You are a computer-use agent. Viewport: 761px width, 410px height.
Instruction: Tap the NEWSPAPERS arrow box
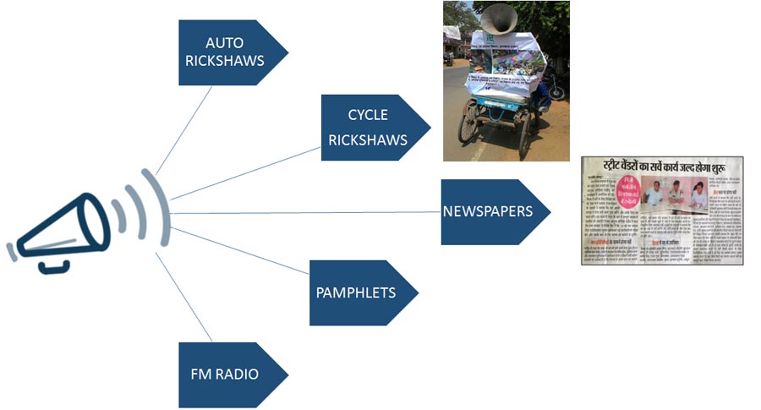(489, 211)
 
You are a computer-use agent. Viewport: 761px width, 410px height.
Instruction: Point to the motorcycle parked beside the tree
(554, 85)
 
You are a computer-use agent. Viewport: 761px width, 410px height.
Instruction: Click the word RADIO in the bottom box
(239, 374)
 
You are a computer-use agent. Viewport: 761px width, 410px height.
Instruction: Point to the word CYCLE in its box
(367, 115)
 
